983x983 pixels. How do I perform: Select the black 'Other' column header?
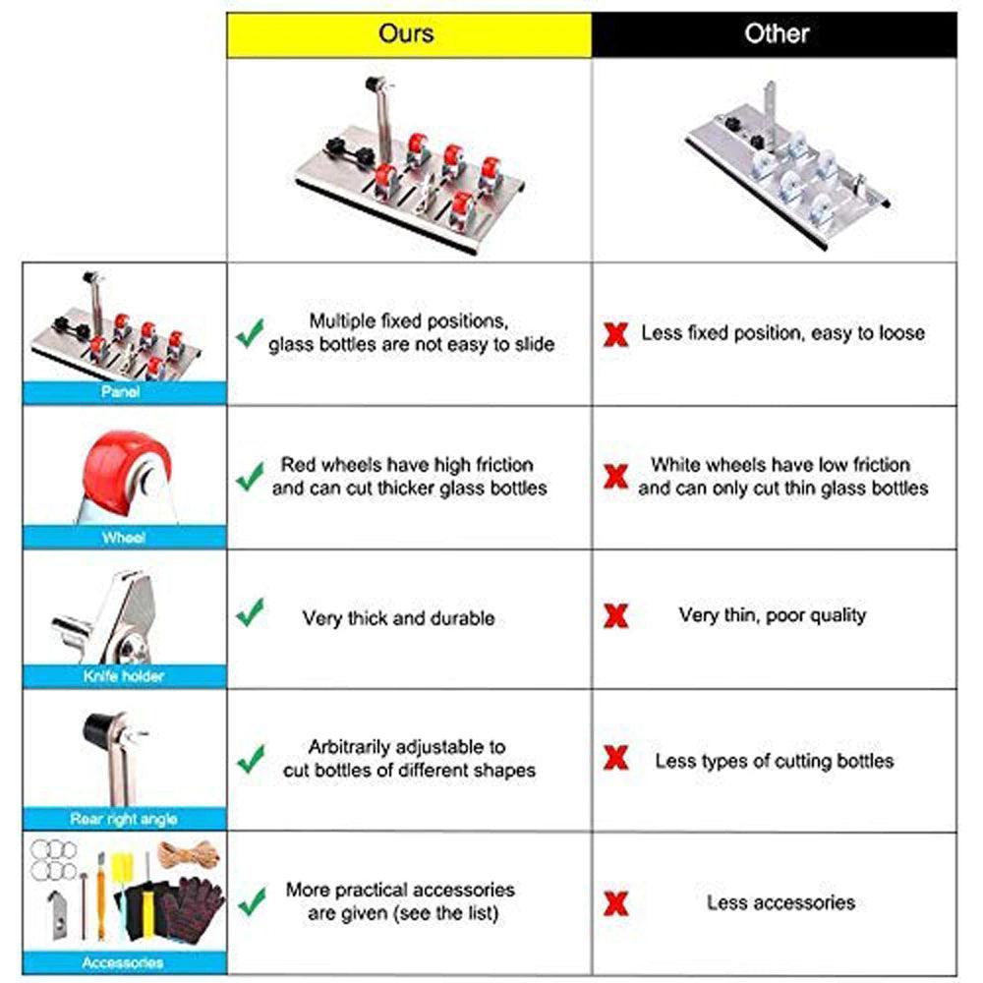776,34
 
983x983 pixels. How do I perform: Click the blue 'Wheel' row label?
123,538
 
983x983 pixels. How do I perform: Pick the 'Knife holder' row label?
123,676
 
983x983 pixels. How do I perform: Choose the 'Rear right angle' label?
123,818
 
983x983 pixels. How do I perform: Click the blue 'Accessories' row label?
123,962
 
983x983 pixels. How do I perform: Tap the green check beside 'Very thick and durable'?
251,615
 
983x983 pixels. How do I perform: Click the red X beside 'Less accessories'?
616,903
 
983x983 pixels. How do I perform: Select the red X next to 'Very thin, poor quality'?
616,617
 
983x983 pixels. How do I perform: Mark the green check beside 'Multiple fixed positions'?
250,334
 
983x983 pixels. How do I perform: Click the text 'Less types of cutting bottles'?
775,761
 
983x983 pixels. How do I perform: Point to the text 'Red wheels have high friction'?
407,465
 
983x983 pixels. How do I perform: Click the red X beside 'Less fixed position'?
616,334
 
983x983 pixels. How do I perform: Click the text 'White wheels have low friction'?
781,465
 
